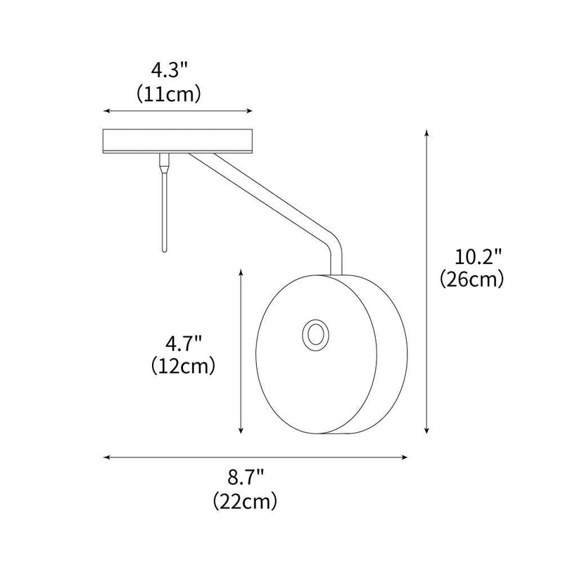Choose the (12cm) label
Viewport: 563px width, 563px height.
pos(184,366)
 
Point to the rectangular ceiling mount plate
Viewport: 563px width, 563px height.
pos(178,141)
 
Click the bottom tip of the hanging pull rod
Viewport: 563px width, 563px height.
pos(163,249)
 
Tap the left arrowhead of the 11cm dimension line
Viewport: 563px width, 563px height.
pos(106,111)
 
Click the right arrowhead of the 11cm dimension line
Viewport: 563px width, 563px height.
pos(250,111)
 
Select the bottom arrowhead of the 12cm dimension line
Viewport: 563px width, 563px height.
pos(241,433)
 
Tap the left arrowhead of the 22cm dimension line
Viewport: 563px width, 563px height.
pos(106,457)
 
